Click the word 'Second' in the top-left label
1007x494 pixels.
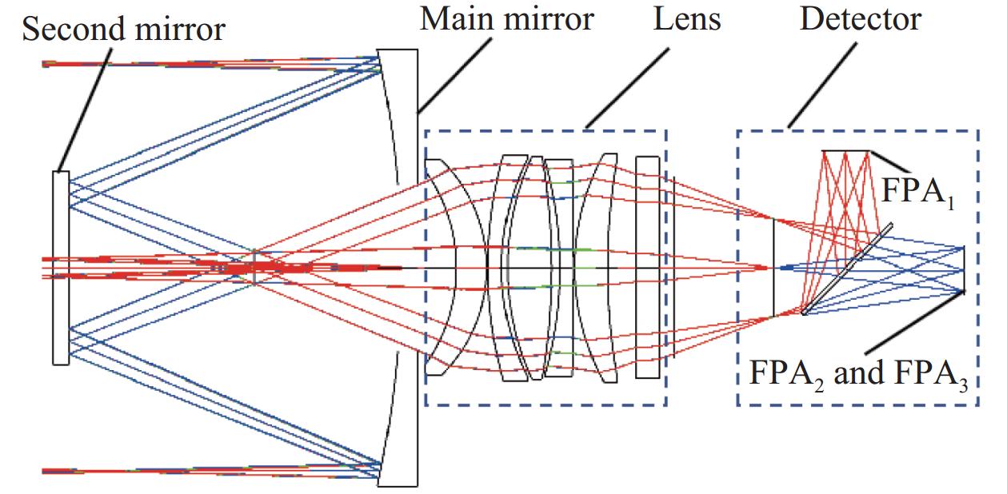tap(74, 29)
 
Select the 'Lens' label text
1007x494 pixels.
tap(686, 19)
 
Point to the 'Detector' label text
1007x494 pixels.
tap(861, 19)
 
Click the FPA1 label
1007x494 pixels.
tap(918, 193)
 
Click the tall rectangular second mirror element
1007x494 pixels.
tap(61, 268)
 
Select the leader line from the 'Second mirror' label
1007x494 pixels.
tap(85, 110)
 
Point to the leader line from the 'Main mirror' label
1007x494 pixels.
tap(454, 75)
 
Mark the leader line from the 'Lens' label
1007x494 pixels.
tap(627, 88)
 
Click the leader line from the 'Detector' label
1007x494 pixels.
tap(822, 86)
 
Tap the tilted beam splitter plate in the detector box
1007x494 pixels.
tap(847, 269)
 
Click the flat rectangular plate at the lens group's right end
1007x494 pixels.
tap(647, 267)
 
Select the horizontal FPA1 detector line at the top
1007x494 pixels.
tap(845, 151)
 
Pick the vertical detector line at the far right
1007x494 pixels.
tap(964, 269)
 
